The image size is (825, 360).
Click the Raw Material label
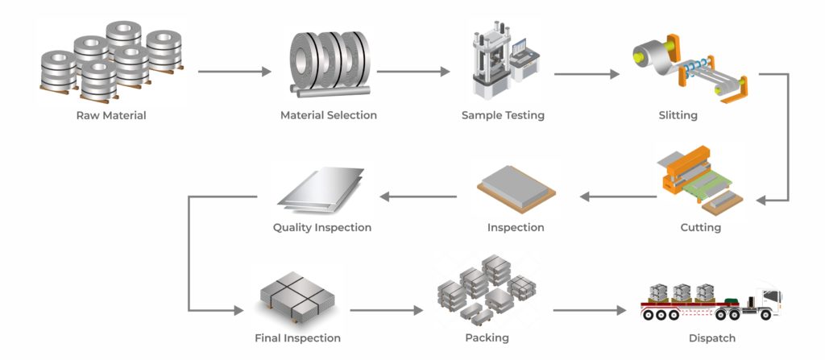(111, 115)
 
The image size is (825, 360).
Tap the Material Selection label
(329, 115)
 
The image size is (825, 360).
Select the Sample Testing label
(503, 115)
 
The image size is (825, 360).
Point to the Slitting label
(678, 115)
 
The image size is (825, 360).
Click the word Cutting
(700, 228)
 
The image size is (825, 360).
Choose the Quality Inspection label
(322, 228)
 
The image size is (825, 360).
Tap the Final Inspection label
(297, 338)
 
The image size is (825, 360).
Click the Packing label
(487, 338)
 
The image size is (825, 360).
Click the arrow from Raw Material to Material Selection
(234, 72)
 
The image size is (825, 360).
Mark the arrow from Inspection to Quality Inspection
(418, 197)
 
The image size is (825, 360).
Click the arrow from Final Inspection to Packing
(387, 310)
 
